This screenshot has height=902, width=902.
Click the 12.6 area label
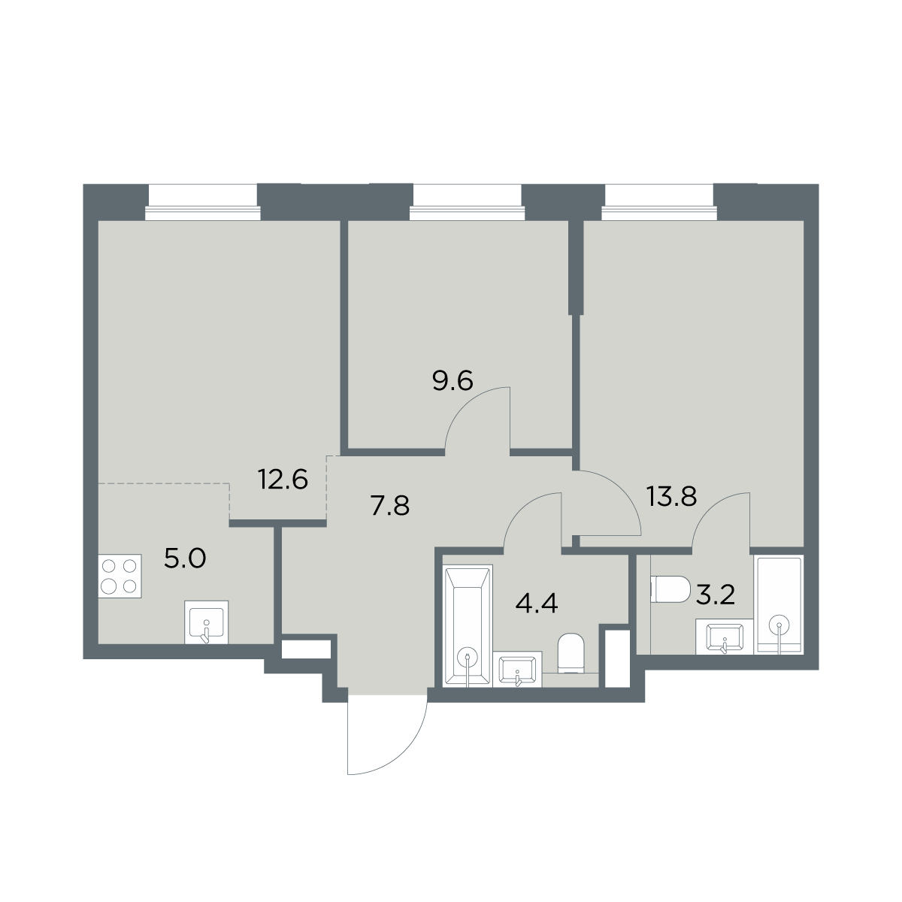[283, 480]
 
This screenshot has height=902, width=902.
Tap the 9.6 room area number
[453, 381]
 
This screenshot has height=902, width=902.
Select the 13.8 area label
[672, 497]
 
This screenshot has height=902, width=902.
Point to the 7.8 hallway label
[390, 507]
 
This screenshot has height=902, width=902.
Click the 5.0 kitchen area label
[185, 558]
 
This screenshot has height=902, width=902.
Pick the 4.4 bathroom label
[537, 604]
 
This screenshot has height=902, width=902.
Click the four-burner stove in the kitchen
[120, 576]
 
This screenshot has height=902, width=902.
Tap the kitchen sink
[207, 622]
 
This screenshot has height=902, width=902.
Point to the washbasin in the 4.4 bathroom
[518, 669]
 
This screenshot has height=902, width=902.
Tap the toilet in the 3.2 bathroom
[670, 589]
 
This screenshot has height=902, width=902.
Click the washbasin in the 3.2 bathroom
[725, 636]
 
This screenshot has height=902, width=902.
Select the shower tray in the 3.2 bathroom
[779, 604]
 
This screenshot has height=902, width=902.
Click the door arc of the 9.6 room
[468, 405]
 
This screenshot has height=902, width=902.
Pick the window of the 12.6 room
[203, 202]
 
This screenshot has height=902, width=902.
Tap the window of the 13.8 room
[659, 202]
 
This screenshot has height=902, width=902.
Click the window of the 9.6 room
[467, 202]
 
